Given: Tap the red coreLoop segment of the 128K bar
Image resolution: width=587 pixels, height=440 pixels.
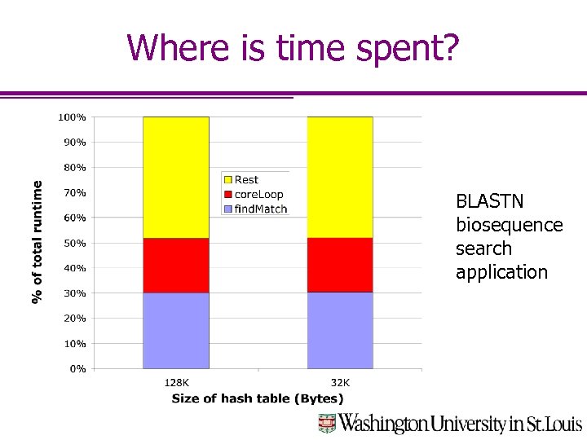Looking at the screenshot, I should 175,266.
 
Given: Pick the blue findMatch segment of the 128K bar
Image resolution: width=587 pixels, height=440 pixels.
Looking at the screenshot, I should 175,331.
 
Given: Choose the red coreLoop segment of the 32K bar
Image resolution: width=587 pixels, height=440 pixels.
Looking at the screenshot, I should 340,265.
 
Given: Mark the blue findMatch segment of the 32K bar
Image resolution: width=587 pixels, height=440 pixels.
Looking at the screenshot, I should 340,331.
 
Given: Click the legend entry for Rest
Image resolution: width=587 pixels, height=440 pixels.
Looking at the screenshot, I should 246,180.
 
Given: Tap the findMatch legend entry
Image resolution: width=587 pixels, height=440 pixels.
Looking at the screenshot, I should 260,209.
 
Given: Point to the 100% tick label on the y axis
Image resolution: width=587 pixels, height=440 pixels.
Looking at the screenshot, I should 72,117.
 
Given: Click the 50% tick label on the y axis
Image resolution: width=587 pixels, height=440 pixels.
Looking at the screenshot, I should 74,244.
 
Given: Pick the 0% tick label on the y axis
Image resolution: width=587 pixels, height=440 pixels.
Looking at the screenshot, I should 77,369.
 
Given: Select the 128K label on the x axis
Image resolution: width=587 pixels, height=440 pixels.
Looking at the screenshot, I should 176,383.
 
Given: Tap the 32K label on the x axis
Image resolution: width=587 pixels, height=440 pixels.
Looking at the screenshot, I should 340,383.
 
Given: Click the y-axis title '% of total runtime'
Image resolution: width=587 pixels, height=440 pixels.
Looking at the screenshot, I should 38,242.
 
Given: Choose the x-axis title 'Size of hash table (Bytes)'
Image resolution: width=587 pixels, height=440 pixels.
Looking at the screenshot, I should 258,398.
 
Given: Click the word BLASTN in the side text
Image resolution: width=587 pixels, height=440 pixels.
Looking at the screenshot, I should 489,201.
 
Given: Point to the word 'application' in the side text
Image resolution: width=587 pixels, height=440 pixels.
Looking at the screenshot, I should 501,272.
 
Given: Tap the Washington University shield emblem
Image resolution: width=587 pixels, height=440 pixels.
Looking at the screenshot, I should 327,423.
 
